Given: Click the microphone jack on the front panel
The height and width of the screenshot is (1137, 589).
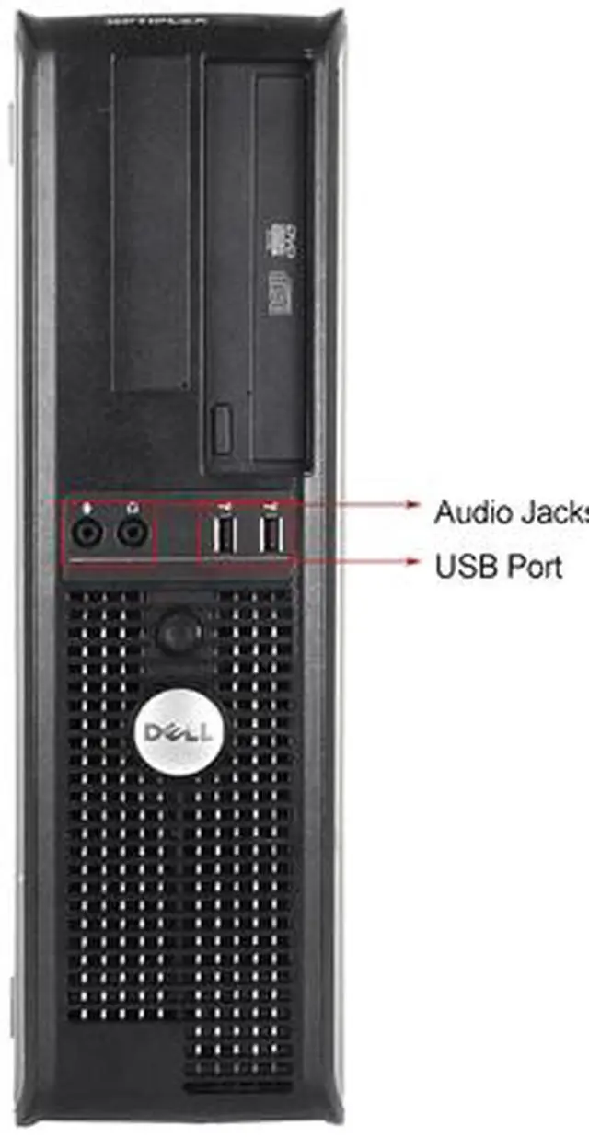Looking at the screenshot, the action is click(88, 531).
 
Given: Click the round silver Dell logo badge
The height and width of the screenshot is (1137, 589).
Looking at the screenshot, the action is click(178, 731).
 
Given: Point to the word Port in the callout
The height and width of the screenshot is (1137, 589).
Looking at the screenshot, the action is click(531, 566).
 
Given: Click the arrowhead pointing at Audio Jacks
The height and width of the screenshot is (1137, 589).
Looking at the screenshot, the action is click(413, 504).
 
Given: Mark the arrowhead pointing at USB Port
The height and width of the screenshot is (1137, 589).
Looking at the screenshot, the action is click(413, 559).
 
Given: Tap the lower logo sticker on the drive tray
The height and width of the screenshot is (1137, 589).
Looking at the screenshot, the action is click(277, 293).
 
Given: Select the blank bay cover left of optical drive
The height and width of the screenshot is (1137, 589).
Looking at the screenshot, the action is click(152, 221).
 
